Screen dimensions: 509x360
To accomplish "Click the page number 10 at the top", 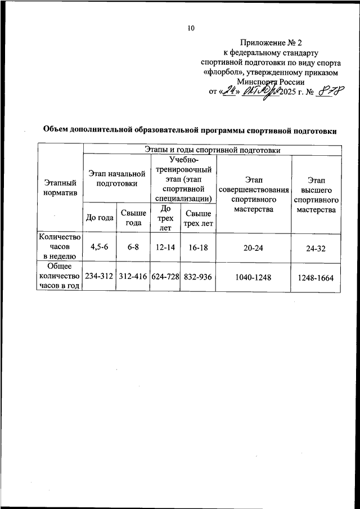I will point(191,28).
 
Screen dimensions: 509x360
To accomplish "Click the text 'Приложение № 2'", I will point(271,42).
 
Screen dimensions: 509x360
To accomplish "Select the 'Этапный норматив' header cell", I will point(60,188).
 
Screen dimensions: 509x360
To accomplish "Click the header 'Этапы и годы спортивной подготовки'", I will point(212,150).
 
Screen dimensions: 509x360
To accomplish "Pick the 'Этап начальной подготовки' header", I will point(116,178).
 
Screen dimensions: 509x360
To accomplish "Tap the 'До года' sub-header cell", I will point(99,218).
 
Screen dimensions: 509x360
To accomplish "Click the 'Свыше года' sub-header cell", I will point(133,218).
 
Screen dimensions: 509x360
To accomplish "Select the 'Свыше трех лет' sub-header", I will point(199,218).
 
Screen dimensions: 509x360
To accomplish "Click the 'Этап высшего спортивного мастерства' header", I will point(317,194).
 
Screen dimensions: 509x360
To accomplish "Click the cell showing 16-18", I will point(199,247).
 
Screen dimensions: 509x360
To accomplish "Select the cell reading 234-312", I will point(99,276).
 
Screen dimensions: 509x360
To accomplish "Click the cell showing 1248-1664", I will point(317,276).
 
